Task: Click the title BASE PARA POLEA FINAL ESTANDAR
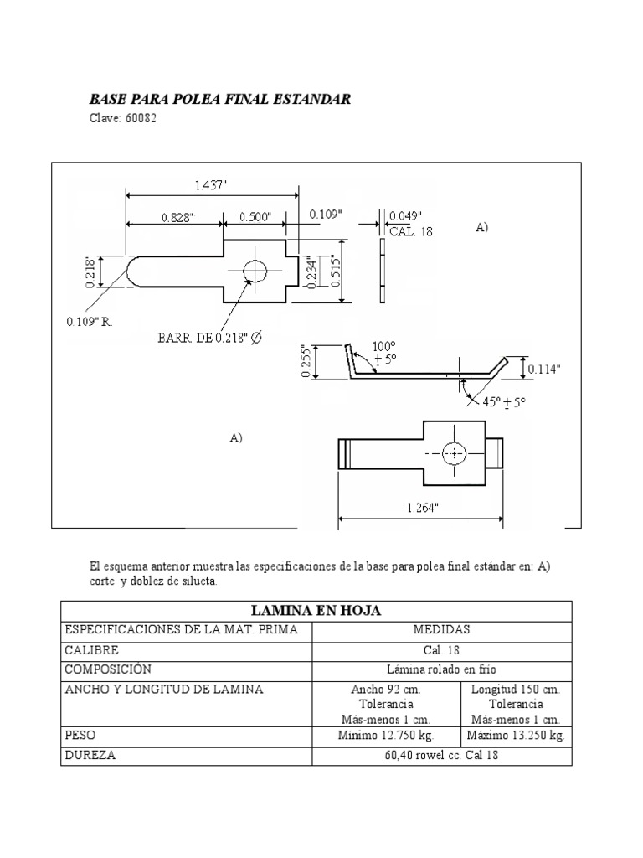pyautogui.click(x=220, y=100)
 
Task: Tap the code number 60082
pyautogui.click(x=139, y=118)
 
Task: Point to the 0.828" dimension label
pyautogui.click(x=177, y=216)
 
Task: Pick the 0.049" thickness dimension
pyautogui.click(x=405, y=215)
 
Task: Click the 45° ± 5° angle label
pyautogui.click(x=504, y=402)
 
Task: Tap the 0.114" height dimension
pyautogui.click(x=544, y=368)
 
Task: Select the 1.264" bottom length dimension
pyautogui.click(x=421, y=508)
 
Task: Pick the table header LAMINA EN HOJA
pyautogui.click(x=316, y=612)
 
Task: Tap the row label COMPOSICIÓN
pyautogui.click(x=107, y=669)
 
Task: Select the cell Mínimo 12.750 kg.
pyautogui.click(x=386, y=735)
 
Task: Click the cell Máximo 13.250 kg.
pyautogui.click(x=516, y=735)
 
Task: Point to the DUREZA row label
pyautogui.click(x=90, y=754)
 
